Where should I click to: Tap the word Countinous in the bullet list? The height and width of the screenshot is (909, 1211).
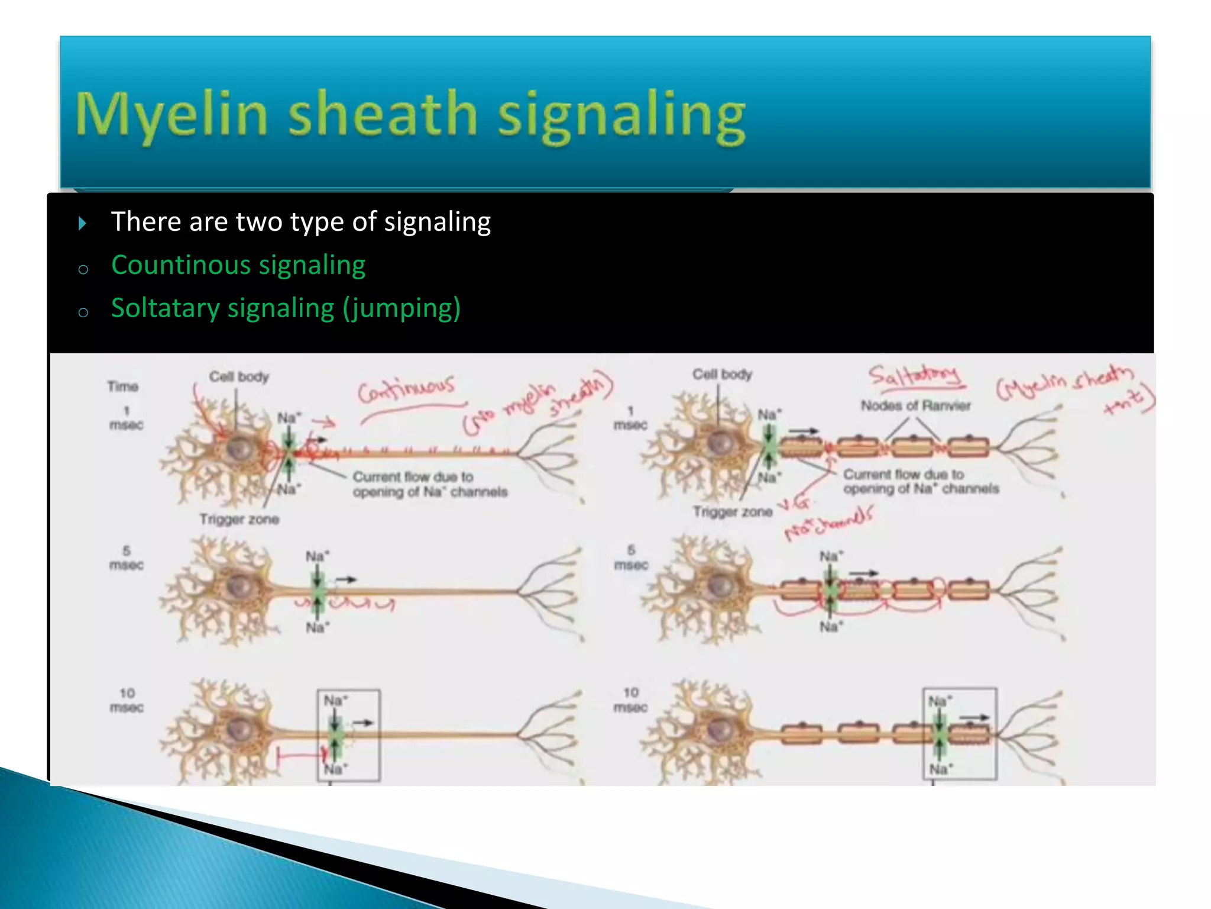coord(183,265)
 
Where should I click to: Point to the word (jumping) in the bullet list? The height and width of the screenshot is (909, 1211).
coord(401,309)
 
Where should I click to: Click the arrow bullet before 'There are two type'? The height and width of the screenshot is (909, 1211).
coord(82,223)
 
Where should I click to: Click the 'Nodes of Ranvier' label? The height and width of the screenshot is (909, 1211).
coord(915,406)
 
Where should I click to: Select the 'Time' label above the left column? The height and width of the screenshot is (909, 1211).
coord(123,386)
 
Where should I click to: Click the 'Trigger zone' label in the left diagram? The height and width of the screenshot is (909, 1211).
coord(239,519)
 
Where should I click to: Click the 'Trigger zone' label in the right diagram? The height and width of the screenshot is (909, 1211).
coord(733,511)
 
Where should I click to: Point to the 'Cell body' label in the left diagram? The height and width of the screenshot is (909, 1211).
coord(239,376)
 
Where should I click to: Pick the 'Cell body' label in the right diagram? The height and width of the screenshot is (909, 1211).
coord(722,374)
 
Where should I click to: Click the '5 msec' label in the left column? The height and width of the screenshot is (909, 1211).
coord(126,558)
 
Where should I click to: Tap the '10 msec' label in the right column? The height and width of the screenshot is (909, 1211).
coord(631,700)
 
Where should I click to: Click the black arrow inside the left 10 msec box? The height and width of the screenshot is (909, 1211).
coord(363,723)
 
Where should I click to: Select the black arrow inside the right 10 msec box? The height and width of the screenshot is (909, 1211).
coord(974,718)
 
